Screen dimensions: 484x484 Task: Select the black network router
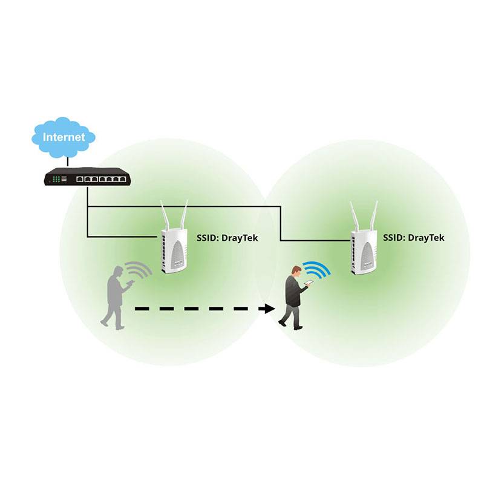pyautogui.click(x=87, y=178)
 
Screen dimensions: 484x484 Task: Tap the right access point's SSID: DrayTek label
pyautogui.click(x=414, y=238)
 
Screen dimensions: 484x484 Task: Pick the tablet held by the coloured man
pyautogui.click(x=309, y=283)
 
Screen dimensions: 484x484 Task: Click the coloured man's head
pyautogui.click(x=296, y=270)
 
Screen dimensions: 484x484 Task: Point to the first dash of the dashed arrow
pyautogui.click(x=142, y=309)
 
